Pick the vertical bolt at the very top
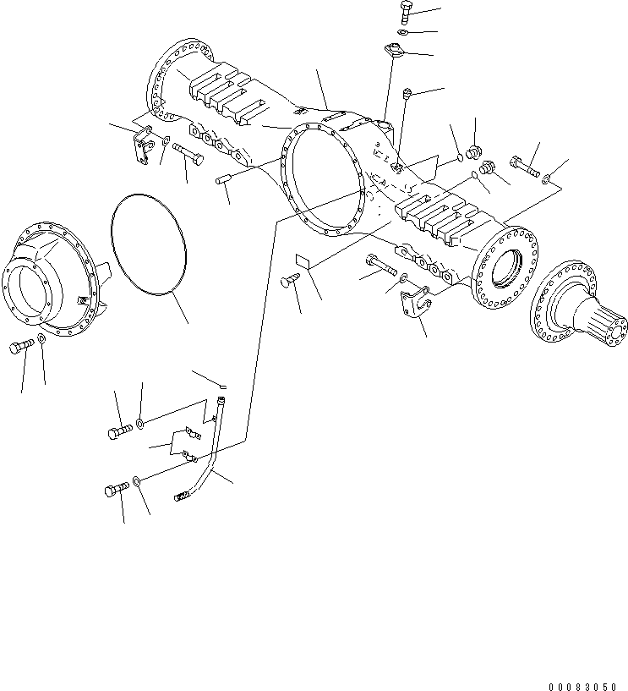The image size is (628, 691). [x=406, y=14]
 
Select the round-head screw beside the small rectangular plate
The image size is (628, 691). [x=287, y=283]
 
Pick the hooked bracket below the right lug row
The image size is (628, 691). [x=416, y=303]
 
